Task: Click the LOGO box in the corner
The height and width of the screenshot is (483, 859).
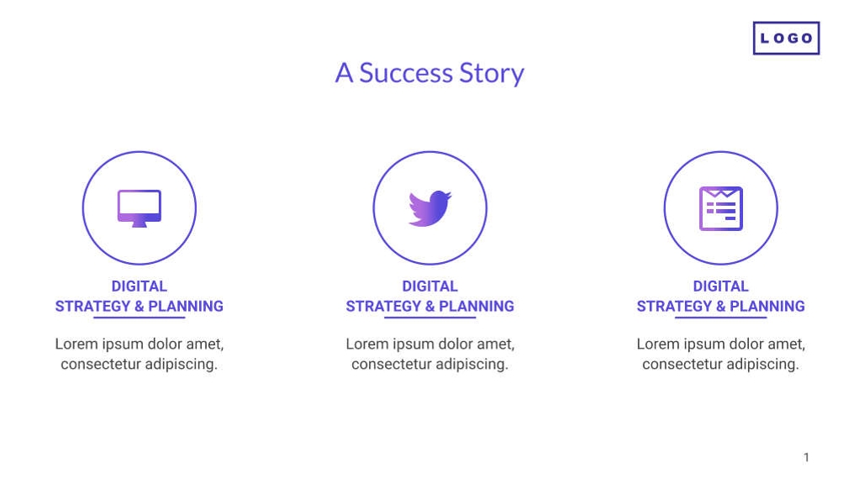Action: pyautogui.click(x=785, y=38)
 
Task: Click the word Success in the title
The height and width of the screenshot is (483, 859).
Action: pyautogui.click(x=406, y=73)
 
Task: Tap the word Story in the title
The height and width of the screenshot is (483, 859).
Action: pyautogui.click(x=491, y=74)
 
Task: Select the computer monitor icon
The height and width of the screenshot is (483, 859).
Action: pyautogui.click(x=139, y=207)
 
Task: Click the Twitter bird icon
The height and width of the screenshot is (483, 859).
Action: pyautogui.click(x=429, y=208)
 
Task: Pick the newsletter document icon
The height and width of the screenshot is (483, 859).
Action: pyautogui.click(x=720, y=208)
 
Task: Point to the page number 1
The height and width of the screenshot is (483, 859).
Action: pyautogui.click(x=806, y=458)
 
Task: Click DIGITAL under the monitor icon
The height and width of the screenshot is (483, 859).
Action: pyautogui.click(x=139, y=286)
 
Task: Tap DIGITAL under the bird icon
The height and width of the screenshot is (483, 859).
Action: pyautogui.click(x=429, y=286)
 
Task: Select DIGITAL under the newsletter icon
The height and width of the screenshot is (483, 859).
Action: pyautogui.click(x=720, y=286)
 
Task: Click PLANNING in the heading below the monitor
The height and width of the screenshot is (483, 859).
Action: pyautogui.click(x=186, y=307)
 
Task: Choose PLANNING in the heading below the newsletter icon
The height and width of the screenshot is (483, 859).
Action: pyautogui.click(x=767, y=307)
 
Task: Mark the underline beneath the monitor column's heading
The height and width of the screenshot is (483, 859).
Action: pyautogui.click(x=139, y=318)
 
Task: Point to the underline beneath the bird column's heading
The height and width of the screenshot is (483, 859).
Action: pyautogui.click(x=429, y=318)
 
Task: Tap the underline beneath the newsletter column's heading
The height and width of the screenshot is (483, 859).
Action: pyautogui.click(x=720, y=318)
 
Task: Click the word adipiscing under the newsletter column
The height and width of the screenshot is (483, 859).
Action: pyautogui.click(x=762, y=365)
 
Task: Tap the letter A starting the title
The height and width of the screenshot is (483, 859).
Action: pyautogui.click(x=344, y=73)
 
